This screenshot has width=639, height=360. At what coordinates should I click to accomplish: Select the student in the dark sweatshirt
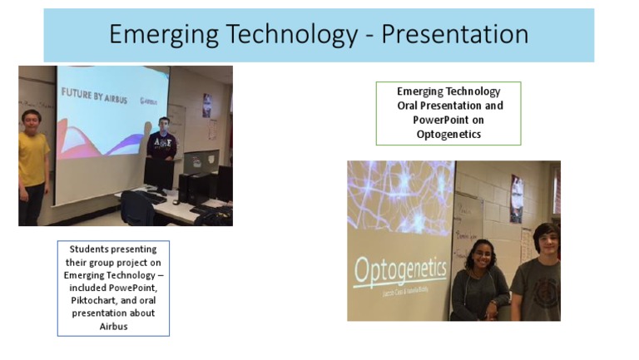coord(161,141)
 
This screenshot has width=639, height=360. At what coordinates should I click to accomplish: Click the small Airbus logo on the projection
coord(149,101)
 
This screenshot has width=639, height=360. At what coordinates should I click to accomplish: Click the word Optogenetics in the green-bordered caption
coord(448,134)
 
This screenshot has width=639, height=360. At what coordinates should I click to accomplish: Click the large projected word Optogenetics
coord(399,271)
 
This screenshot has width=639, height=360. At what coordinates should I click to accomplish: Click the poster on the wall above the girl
coord(516,199)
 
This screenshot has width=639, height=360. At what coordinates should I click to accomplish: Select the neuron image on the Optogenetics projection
coord(400,196)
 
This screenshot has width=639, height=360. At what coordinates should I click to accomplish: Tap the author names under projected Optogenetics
coord(399,293)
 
